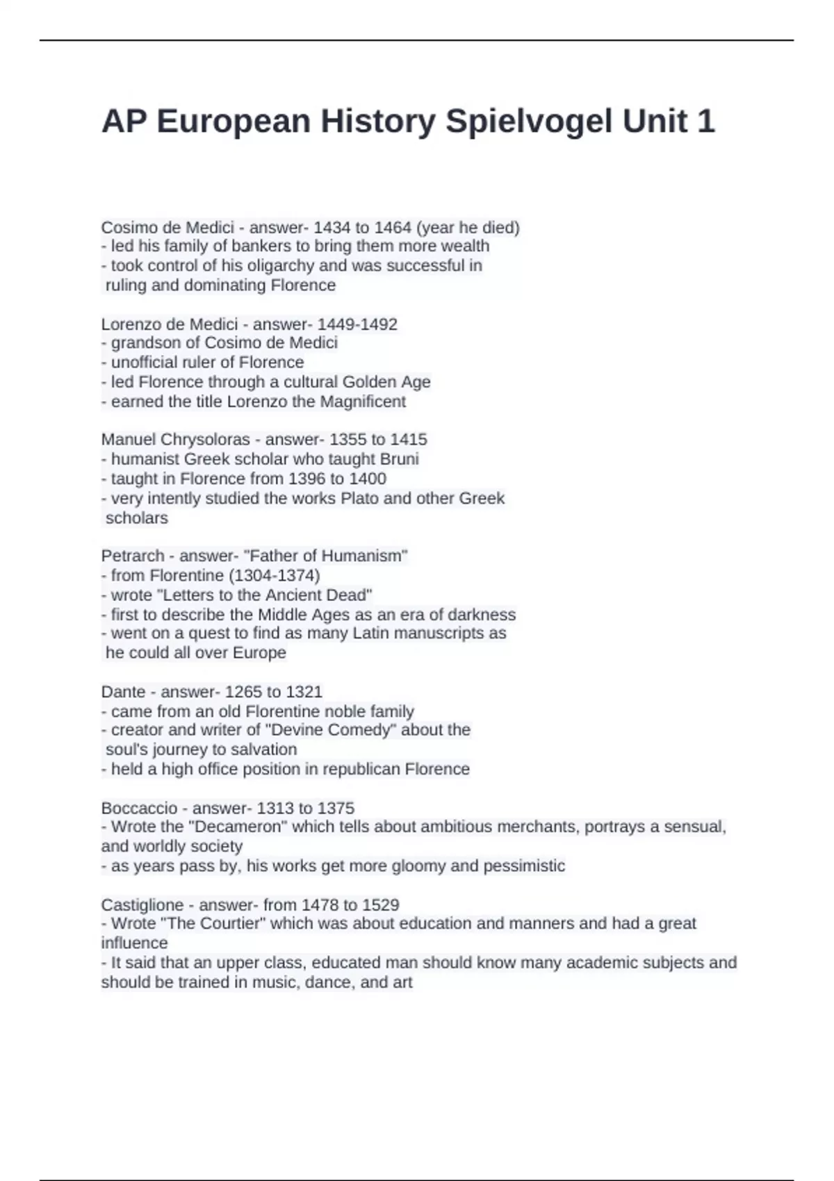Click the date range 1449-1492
[357, 324]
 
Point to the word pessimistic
[524, 866]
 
